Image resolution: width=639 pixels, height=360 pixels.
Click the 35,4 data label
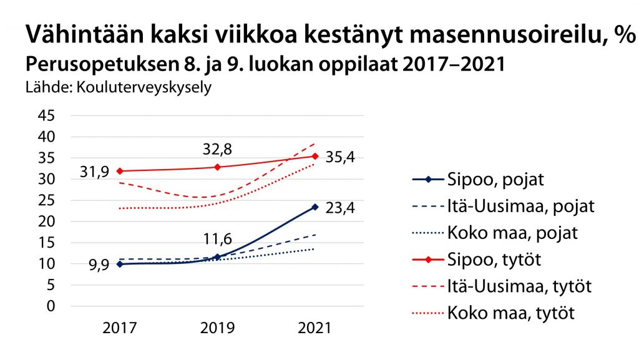(341, 158)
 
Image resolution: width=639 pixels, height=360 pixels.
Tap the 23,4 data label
(341, 208)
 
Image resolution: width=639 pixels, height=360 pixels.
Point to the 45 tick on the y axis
(48, 115)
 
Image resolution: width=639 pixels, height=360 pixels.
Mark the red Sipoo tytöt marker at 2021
(315, 156)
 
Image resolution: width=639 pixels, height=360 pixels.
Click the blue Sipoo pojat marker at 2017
(119, 264)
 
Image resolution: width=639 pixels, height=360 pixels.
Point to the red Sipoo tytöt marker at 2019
(217, 167)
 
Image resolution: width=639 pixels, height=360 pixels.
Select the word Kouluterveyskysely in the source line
(144, 87)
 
